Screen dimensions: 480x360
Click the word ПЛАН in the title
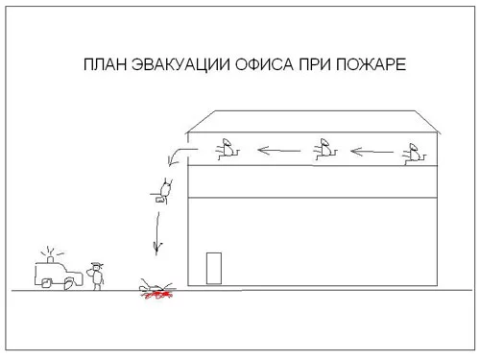pos(105,64)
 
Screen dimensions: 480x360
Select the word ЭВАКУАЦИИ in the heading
pos(180,64)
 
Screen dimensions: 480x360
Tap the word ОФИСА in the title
pos(264,64)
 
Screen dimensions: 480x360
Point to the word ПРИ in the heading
pos(315,64)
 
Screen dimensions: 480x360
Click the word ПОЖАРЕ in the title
pos(371,64)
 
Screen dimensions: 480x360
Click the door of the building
pos(214,268)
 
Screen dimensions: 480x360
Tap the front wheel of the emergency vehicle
pos(69,283)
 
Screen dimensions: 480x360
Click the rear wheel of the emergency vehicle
pos(46,283)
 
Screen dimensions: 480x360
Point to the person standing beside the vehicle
pos(97,276)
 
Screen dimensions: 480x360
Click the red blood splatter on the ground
pos(156,295)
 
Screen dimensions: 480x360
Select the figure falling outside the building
pos(162,191)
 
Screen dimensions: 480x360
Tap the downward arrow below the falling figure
pos(157,233)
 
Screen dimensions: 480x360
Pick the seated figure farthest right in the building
pos(415,155)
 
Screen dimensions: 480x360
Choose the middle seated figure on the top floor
pos(324,150)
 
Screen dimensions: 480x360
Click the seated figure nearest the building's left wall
pos(227,150)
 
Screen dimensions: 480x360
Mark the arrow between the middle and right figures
pos(372,152)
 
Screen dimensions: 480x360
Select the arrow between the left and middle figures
pos(279,151)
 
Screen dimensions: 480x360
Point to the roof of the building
pos(312,122)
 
